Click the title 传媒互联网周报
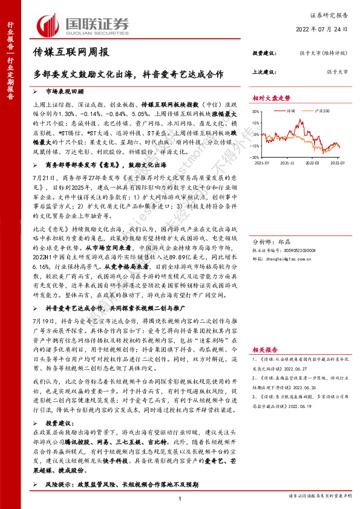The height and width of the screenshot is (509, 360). coord(71,53)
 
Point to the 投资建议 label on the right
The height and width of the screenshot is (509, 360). coord(263,53)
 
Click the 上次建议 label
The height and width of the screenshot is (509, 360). coord(263,71)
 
